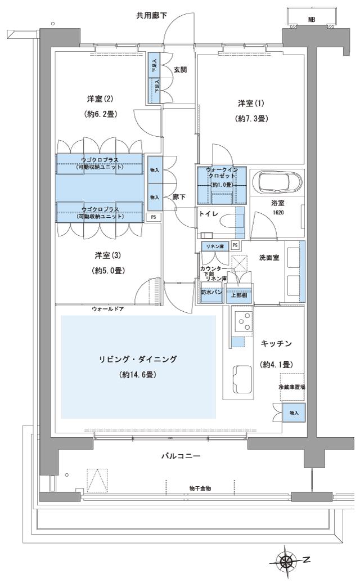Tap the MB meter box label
click(x=311, y=19)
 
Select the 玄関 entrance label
click(x=181, y=70)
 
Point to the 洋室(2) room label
click(x=100, y=98)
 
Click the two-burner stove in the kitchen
click(x=245, y=321)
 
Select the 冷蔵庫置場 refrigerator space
click(x=291, y=387)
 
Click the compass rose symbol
click(x=289, y=561)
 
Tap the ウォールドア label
click(x=108, y=310)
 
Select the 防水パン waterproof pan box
click(x=211, y=293)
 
